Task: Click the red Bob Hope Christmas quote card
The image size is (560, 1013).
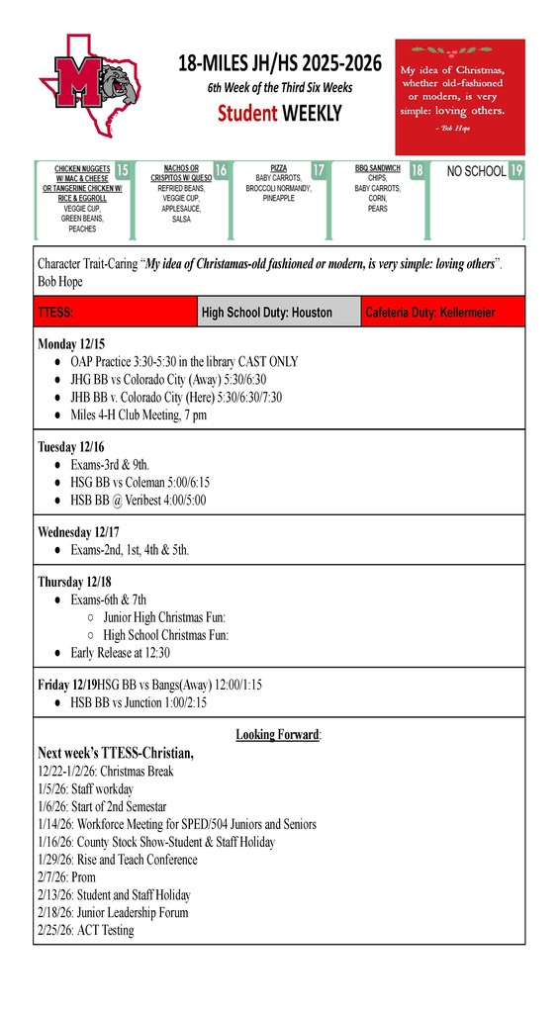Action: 459,97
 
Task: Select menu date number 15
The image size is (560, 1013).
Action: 123,170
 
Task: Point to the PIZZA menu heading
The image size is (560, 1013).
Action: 278,169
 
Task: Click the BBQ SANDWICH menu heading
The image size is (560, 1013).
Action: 377,169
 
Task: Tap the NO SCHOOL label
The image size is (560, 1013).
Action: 476,171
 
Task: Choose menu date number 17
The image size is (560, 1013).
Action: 319,170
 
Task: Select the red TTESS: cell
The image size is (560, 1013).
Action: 115,312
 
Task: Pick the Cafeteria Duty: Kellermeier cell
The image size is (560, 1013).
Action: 442,312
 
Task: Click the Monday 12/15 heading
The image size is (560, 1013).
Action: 71,344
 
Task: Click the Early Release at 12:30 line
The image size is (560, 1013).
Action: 120,652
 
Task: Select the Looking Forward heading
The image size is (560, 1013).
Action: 278,734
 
